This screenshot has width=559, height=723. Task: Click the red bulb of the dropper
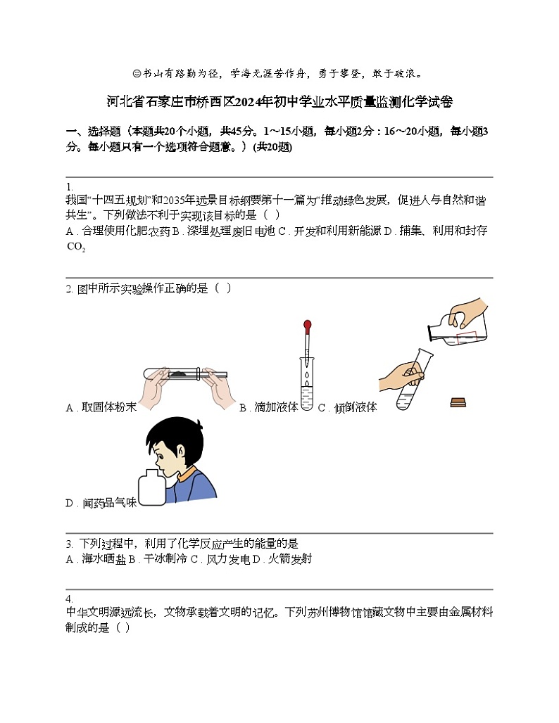coord(307,326)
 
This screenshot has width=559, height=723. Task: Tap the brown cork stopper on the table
coord(458,402)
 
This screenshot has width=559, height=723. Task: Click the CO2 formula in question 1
coord(75,247)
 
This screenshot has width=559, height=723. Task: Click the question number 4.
coord(69,599)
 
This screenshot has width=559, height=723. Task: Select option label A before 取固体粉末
coord(69,408)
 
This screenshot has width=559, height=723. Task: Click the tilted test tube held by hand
coord(410,383)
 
